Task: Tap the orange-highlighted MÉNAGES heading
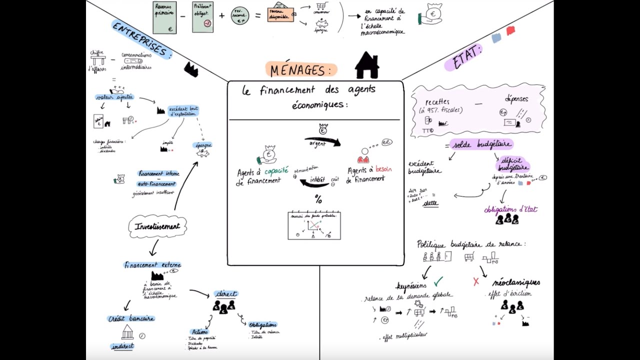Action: [301, 70]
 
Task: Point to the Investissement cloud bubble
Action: [157, 226]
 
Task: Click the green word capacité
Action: [276, 171]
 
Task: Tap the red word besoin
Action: [383, 169]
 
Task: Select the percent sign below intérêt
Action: [318, 200]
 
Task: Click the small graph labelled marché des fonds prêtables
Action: [314, 225]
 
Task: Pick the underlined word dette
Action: [430, 203]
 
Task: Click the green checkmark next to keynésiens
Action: [438, 281]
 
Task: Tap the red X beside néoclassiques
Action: [475, 281]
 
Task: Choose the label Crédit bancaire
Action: [131, 318]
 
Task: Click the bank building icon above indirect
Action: [127, 332]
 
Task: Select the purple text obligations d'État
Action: [510, 209]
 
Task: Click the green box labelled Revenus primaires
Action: [164, 17]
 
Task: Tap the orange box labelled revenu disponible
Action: [280, 15]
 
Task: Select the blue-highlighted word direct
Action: [225, 293]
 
